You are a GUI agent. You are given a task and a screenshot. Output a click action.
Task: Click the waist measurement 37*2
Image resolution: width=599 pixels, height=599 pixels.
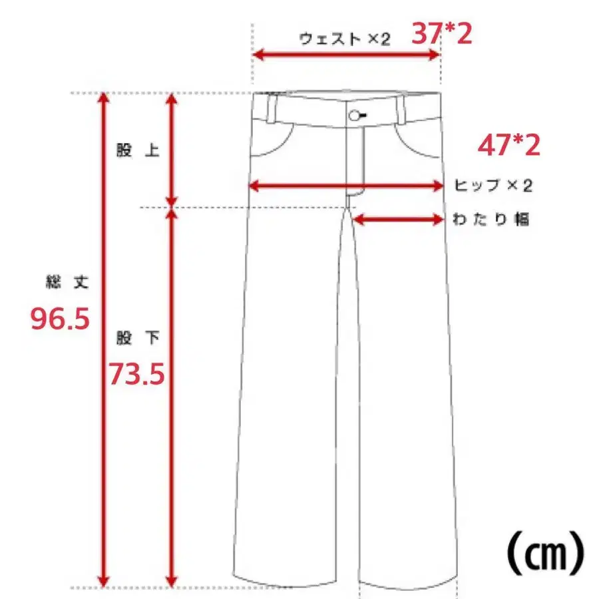442,34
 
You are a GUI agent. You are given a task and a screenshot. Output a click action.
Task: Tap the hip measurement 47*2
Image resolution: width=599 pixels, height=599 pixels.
509,145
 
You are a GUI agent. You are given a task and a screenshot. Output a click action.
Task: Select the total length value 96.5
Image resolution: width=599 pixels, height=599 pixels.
60,319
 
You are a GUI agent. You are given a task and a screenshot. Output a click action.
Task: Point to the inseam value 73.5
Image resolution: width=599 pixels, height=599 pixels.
136,373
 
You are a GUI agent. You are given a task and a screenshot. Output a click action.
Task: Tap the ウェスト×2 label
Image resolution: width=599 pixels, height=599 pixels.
345,39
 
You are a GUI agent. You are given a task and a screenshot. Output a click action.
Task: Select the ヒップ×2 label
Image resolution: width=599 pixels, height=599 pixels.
493,185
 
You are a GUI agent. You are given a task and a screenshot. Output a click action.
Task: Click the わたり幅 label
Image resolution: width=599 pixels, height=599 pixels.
491,219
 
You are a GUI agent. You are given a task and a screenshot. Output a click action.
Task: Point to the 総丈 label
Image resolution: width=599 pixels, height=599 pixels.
67,282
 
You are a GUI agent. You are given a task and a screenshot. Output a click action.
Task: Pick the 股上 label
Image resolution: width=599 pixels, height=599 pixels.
138,150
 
